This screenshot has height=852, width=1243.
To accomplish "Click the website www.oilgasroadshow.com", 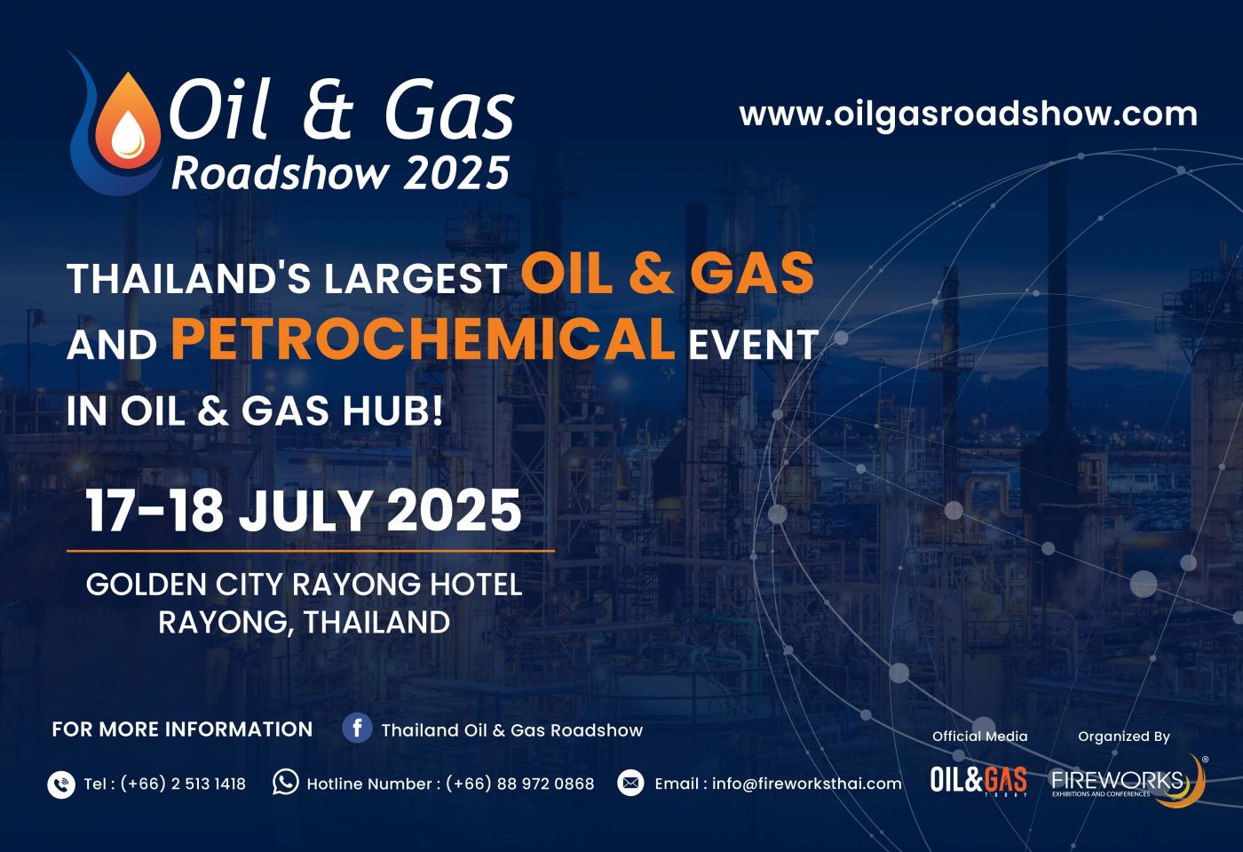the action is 969,115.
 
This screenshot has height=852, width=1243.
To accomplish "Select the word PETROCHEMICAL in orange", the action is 423,338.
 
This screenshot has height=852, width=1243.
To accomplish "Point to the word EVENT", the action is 753,345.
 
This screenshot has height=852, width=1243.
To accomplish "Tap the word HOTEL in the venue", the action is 477,585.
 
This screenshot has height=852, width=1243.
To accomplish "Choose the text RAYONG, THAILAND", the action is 304,622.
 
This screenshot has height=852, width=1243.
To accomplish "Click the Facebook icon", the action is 357,729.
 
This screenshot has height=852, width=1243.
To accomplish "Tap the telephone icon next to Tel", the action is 61,784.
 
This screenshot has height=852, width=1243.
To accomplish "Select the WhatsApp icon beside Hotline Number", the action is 285,782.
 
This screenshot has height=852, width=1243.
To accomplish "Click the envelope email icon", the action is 630,783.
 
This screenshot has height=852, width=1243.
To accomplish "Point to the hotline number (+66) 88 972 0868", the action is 520,784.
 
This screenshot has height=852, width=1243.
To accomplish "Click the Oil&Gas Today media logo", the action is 978,781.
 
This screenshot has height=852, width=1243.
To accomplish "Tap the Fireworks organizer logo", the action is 1128,781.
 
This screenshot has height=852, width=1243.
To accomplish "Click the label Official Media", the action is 980,737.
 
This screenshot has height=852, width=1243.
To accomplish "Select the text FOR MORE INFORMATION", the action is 183,729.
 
